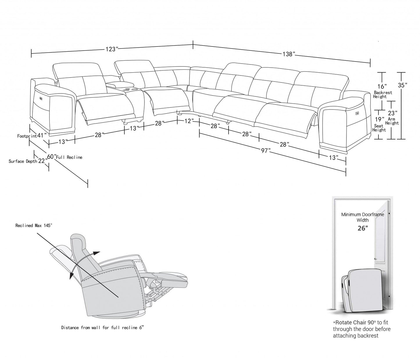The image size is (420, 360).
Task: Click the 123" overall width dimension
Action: [x=111, y=49]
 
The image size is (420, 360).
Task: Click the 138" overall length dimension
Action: [x=289, y=54]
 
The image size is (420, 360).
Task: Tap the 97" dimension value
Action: [x=265, y=151]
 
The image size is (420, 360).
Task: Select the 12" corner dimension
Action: [x=189, y=121]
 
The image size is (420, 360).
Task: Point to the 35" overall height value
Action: [x=402, y=85]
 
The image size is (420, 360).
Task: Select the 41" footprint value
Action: [x=42, y=135]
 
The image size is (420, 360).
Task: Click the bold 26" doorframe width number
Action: [x=362, y=228]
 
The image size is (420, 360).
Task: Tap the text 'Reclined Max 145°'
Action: [x=34, y=225]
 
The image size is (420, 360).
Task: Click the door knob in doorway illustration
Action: [x=376, y=259]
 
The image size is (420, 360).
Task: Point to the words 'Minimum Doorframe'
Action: [x=362, y=215]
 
